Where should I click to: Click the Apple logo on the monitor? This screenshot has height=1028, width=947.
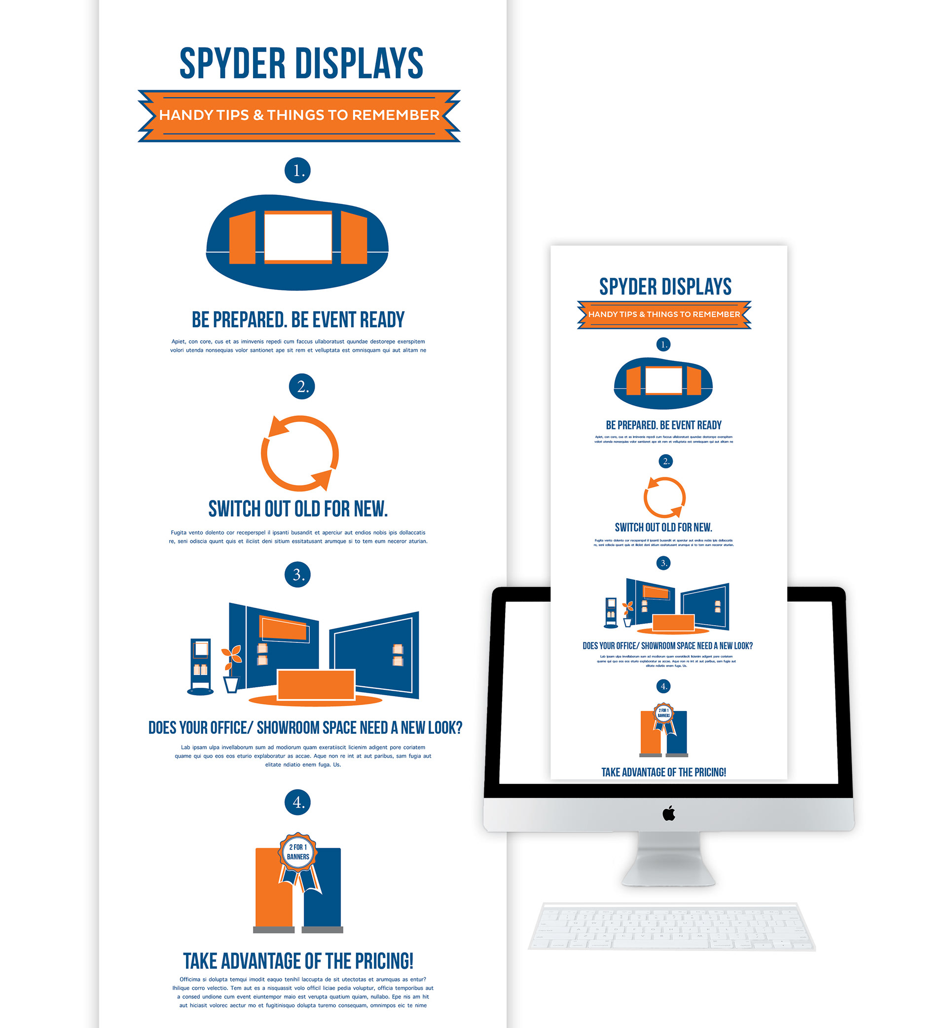(669, 814)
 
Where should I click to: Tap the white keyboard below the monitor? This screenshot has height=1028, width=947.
(671, 927)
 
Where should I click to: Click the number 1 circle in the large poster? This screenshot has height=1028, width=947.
(298, 171)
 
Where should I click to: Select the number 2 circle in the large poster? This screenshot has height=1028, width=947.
(302, 386)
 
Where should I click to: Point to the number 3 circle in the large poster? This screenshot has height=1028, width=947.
(298, 574)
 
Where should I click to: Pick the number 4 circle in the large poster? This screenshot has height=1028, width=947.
(298, 802)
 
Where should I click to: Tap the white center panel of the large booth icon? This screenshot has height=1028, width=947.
(298, 237)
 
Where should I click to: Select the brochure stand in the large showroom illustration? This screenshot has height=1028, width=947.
(200, 666)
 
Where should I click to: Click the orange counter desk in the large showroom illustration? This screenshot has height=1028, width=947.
(316, 684)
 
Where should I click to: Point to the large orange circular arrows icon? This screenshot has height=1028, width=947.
(300, 453)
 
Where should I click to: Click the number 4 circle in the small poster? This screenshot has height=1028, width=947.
(663, 686)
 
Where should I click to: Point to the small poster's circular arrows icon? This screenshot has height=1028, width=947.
(665, 497)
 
